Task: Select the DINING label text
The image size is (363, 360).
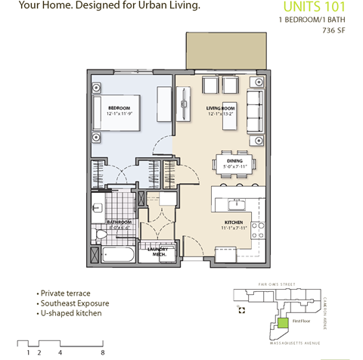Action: tap(234, 161)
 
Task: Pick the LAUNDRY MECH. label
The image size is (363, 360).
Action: tap(157, 251)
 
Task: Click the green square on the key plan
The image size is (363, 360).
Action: tap(281, 322)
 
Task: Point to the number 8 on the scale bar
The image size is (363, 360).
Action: tap(102, 352)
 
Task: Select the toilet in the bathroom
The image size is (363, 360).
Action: tap(98, 206)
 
